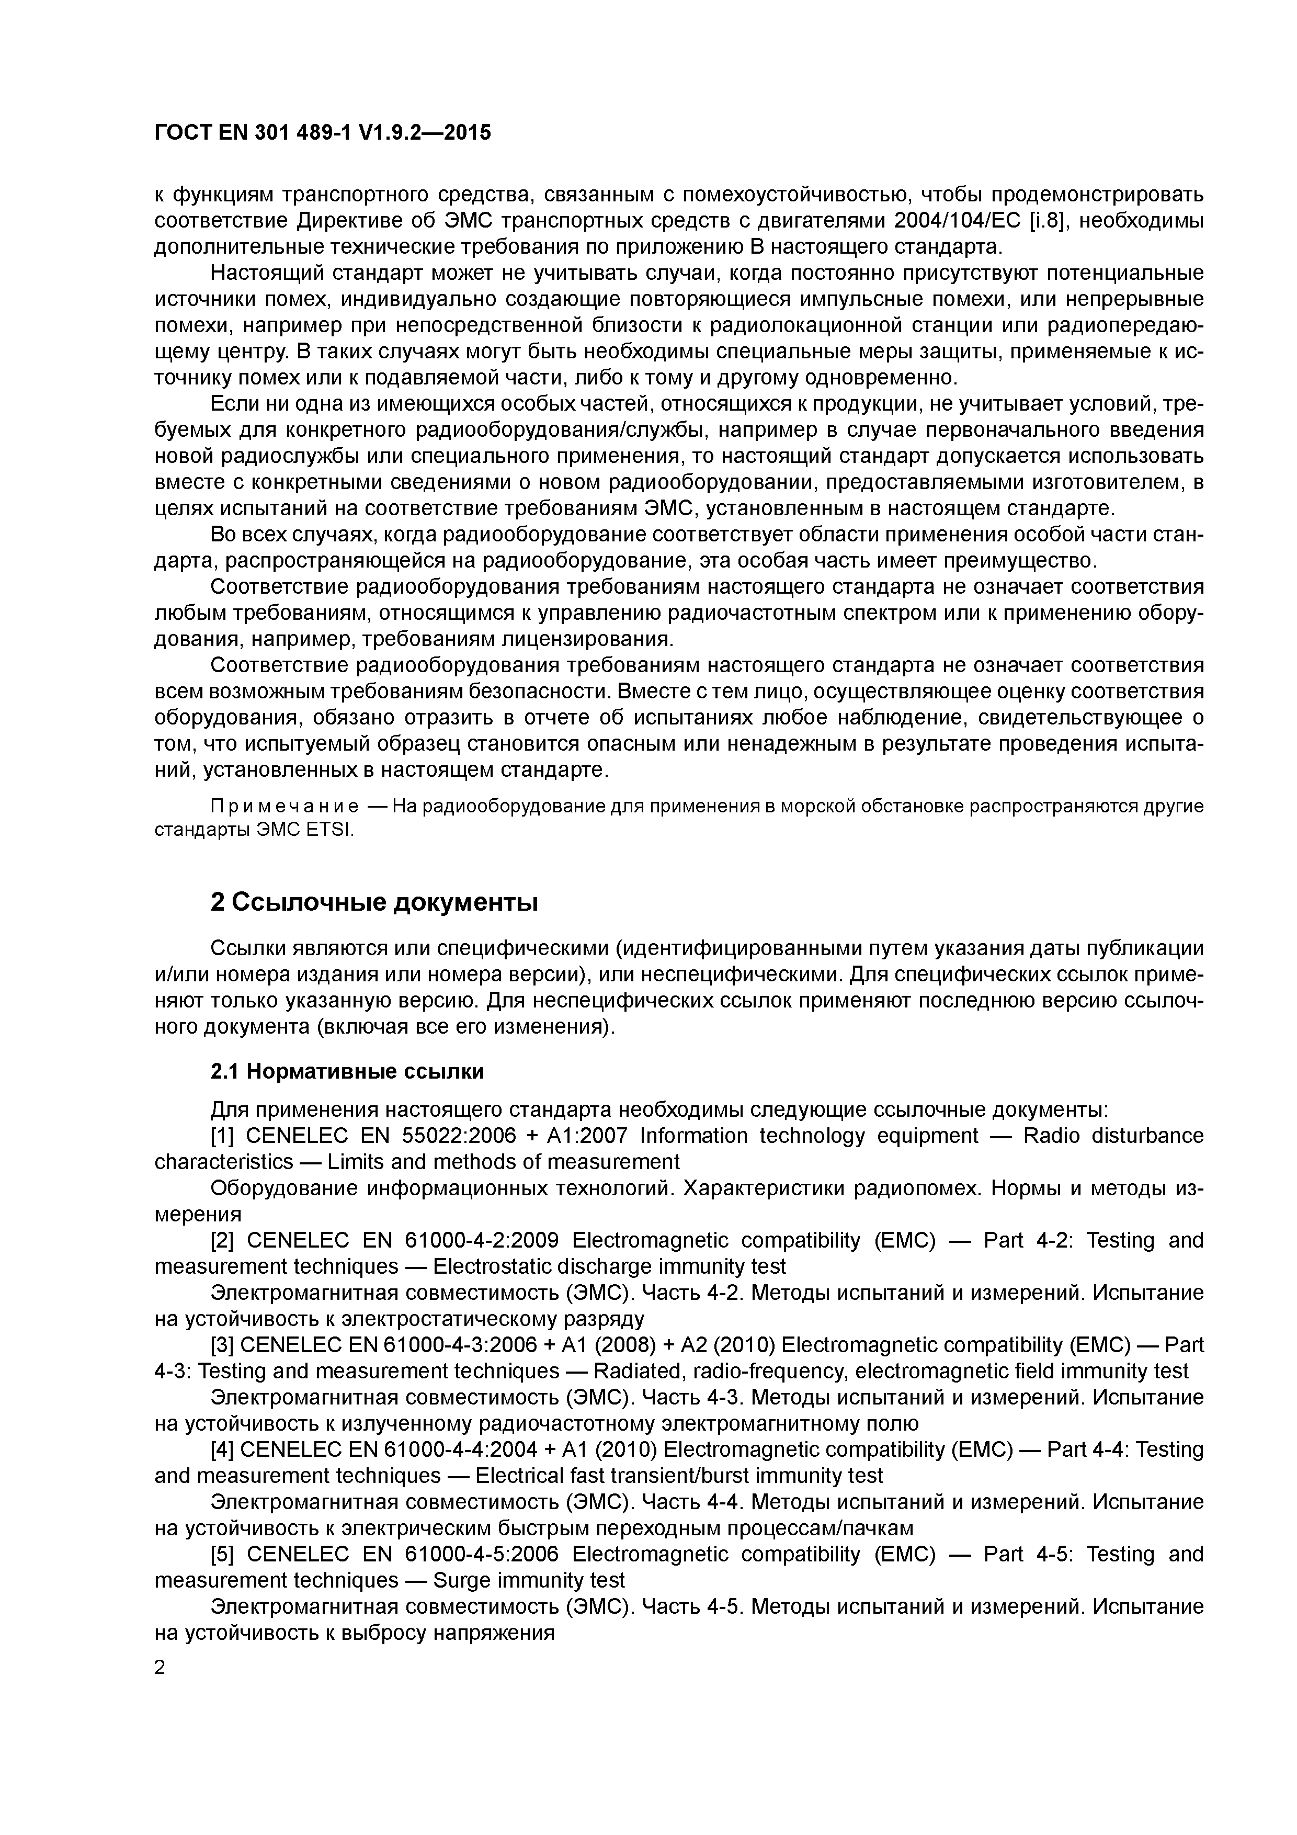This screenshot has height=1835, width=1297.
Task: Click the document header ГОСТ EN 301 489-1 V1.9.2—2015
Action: [323, 133]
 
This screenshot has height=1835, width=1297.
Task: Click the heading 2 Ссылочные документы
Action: [374, 902]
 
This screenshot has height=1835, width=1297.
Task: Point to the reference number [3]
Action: [222, 1345]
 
